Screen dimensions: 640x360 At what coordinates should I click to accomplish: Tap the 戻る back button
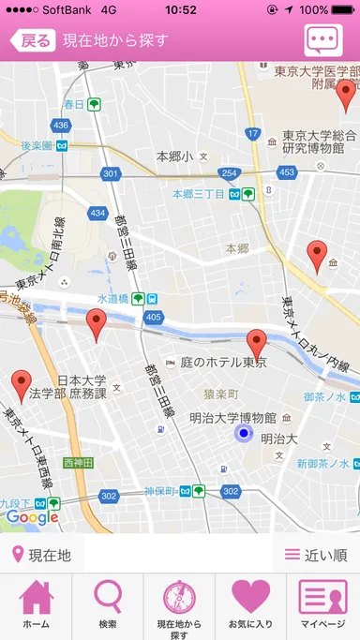pos(32,40)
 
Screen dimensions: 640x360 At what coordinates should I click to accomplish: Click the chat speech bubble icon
pos(323,41)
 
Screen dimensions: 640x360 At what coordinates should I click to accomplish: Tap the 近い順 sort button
pos(316,555)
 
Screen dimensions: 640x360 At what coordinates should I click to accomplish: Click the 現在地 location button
pos(42,555)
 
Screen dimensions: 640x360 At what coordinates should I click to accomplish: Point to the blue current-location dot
pos(244,433)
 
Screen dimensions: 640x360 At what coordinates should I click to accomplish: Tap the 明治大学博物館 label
pos(232,418)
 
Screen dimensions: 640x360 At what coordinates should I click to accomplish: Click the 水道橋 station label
pos(116,299)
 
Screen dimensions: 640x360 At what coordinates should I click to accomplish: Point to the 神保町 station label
pos(164,491)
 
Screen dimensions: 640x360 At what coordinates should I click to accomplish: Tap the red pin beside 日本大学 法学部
pos(22,383)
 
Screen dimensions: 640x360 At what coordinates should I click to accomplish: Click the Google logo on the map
pos(32,516)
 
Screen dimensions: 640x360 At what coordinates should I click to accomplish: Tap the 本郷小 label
pos(174,156)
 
